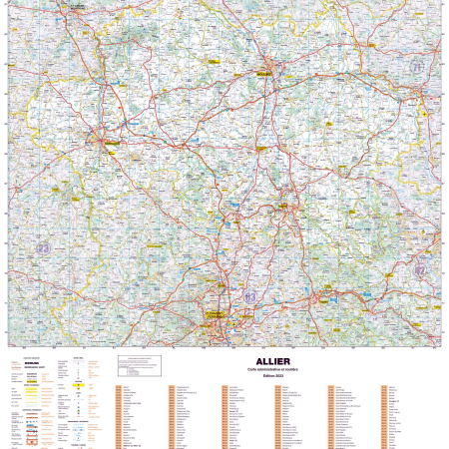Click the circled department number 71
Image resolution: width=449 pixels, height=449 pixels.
416,66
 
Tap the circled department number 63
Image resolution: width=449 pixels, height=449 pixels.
249,296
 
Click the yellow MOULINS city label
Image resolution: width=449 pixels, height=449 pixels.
263,72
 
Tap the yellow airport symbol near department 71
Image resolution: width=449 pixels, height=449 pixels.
423,112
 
